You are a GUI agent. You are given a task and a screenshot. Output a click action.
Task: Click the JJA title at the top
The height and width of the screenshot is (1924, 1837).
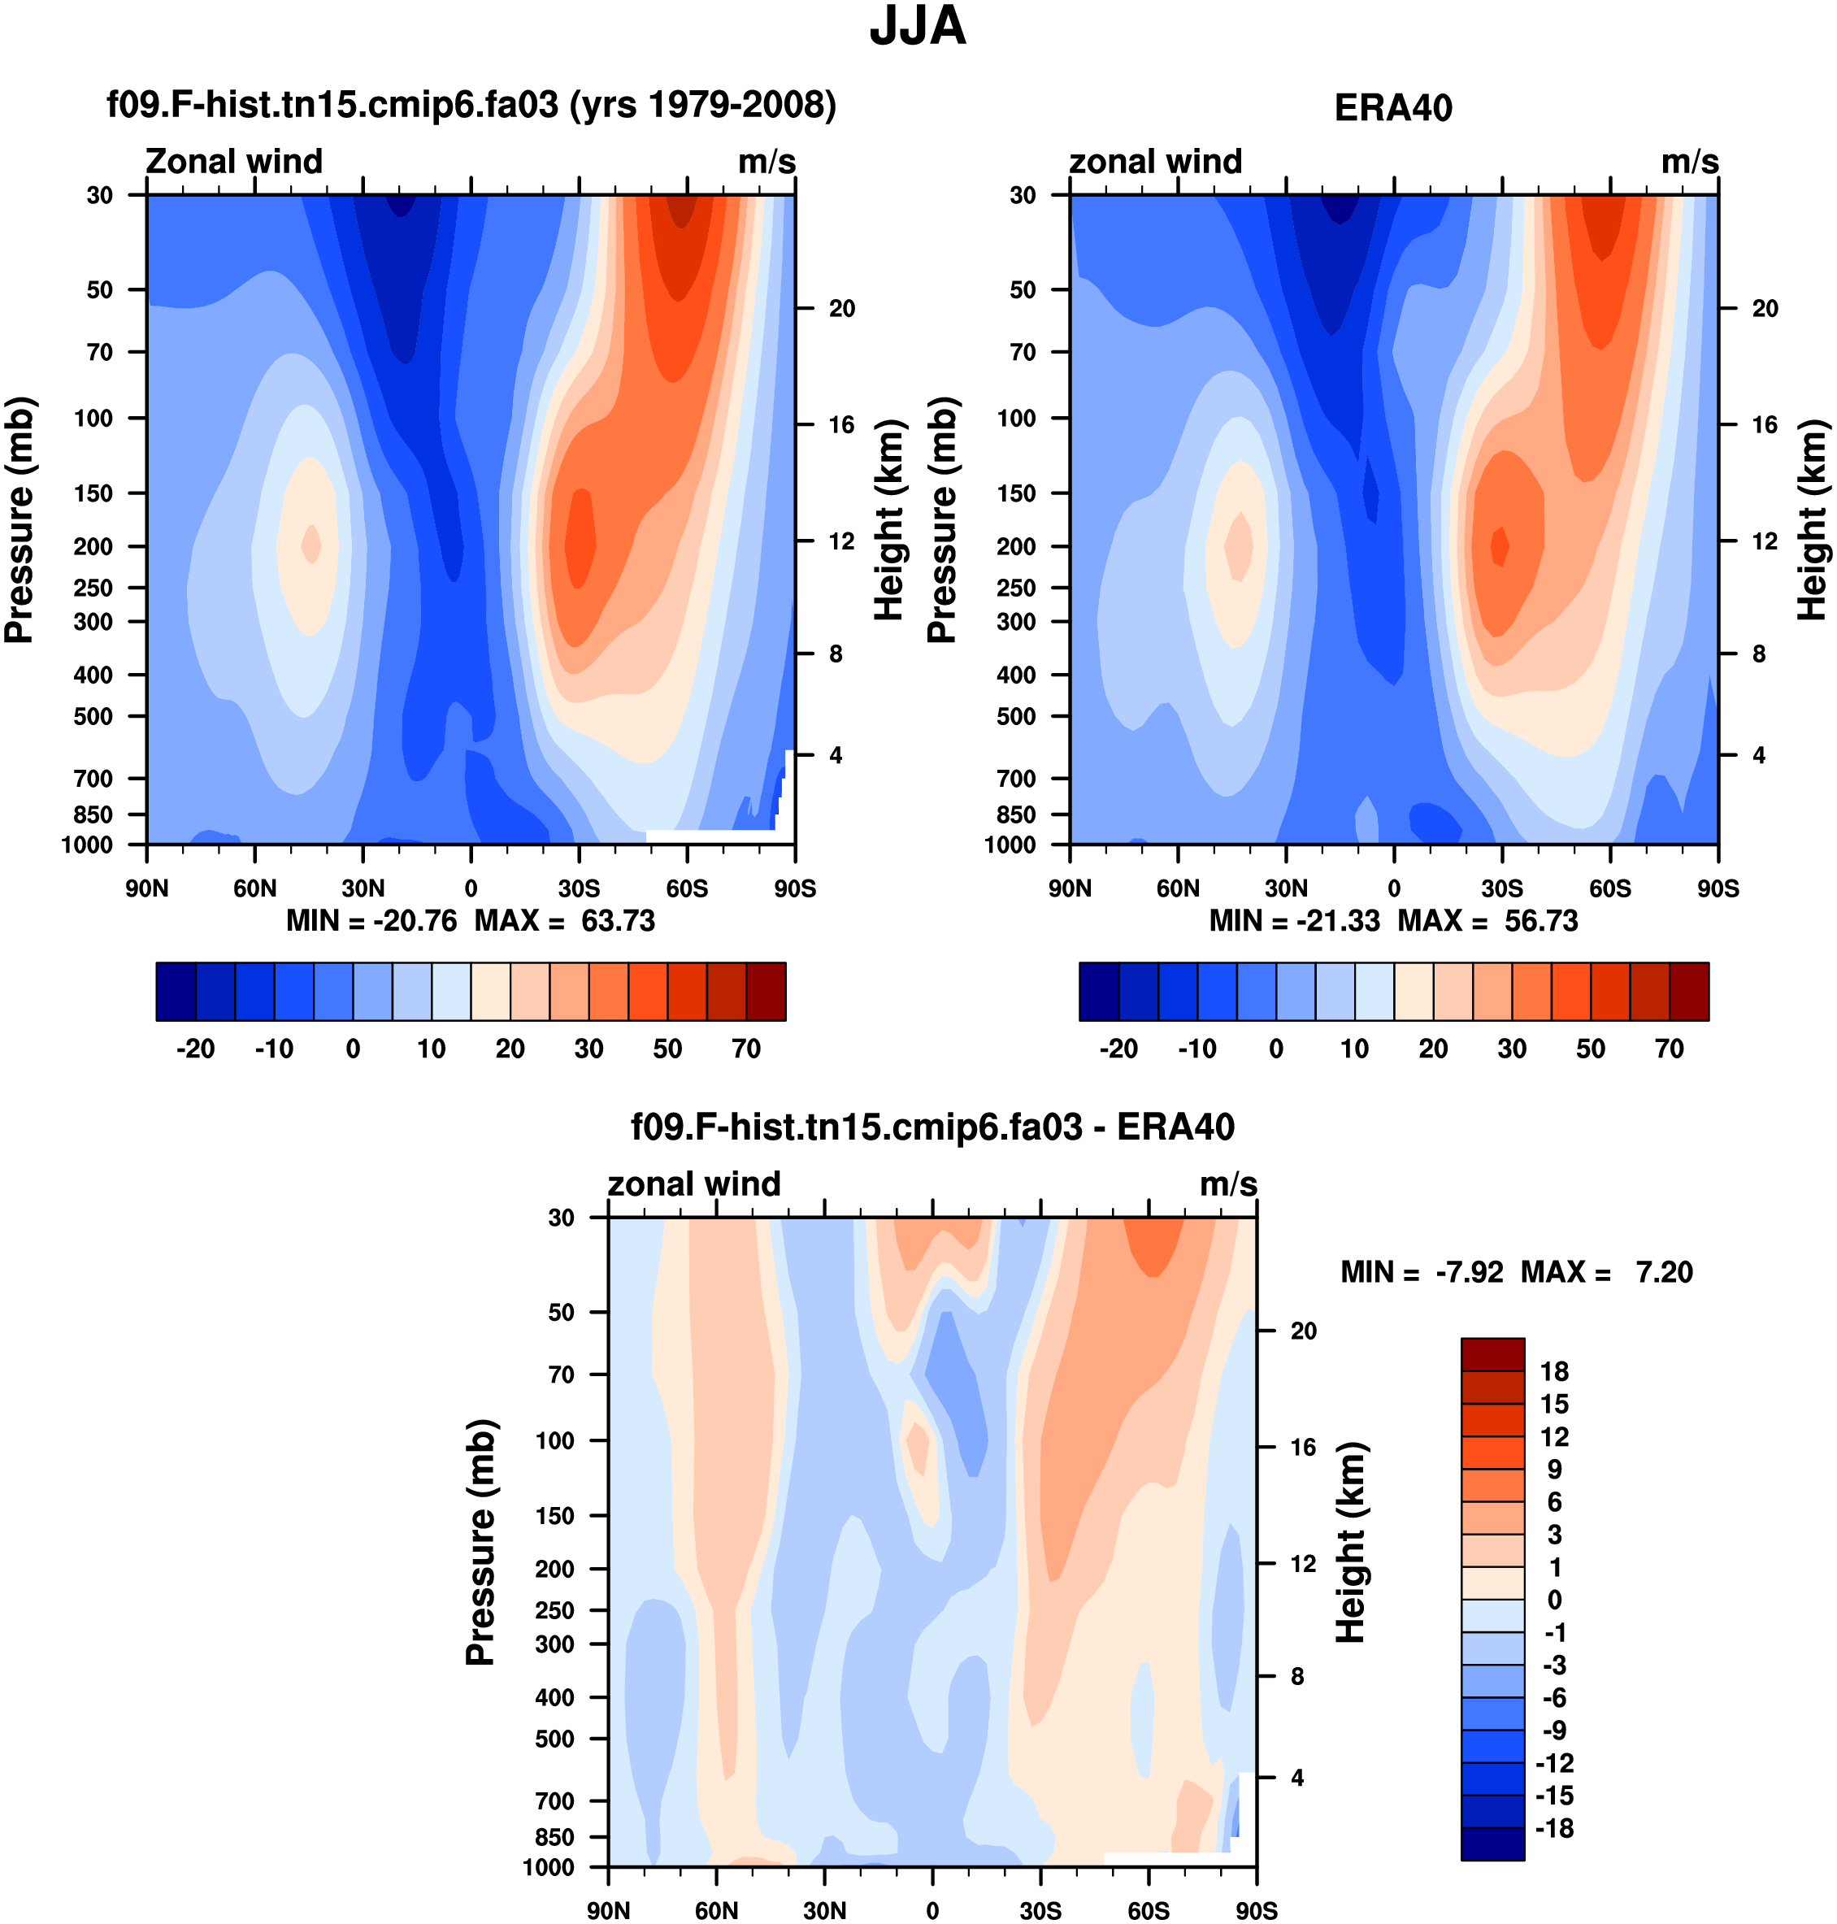[x=918, y=27]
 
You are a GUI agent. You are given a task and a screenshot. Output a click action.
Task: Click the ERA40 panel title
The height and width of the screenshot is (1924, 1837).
[x=1392, y=108]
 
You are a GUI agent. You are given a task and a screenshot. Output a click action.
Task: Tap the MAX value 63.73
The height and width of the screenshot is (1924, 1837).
[x=618, y=922]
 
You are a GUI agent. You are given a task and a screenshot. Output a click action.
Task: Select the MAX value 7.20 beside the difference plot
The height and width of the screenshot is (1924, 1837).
[x=1664, y=1273]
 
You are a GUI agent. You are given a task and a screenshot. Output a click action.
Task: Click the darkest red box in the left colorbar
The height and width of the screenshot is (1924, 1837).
[x=766, y=992]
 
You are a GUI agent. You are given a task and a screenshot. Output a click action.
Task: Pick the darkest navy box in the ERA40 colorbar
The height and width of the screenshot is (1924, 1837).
[x=1099, y=992]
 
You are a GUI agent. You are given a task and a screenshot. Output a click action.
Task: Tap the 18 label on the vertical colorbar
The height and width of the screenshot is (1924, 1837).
[x=1554, y=1372]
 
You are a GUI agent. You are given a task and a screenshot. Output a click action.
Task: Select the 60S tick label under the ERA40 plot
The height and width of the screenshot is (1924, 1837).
[x=1610, y=889]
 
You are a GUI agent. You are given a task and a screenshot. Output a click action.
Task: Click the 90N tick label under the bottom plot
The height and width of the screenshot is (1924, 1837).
[x=608, y=1910]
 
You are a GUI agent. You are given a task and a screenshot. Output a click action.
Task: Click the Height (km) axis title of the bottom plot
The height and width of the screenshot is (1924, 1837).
[x=1350, y=1542]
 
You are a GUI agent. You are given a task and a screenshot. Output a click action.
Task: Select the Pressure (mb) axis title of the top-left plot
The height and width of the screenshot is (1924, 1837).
[x=20, y=520]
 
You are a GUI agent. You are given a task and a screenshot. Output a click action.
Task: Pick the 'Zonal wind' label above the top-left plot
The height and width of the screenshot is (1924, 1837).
[x=234, y=162]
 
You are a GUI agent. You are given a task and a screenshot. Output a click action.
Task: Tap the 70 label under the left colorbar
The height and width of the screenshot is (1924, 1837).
[x=746, y=1049]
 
